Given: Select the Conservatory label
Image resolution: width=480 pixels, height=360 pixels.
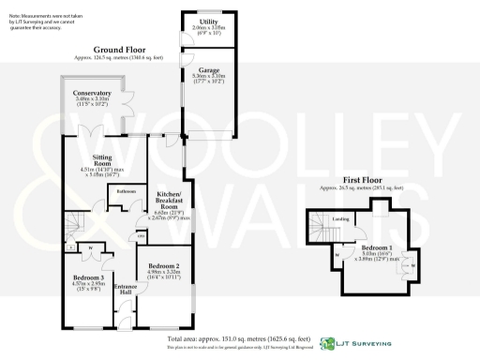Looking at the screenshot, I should point(94,94).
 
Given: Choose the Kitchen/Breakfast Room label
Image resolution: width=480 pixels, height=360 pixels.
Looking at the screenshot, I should point(165,200).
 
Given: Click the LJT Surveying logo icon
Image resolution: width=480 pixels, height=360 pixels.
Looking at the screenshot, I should point(327,343).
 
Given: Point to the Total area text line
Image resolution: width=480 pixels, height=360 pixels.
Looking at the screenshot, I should point(239,337).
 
